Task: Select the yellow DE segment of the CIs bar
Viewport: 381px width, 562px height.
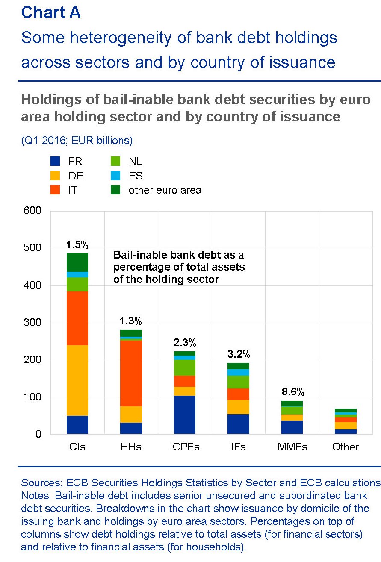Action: (x=77, y=380)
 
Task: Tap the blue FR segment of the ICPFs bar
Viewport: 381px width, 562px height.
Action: (x=184, y=415)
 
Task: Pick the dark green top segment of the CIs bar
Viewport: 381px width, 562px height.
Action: (x=77, y=262)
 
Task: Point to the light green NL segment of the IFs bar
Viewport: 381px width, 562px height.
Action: (x=238, y=382)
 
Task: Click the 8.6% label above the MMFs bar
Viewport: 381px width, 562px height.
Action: (x=292, y=392)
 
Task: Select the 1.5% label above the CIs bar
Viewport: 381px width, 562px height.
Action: (x=77, y=245)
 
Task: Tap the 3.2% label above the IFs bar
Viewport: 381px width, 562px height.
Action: (x=238, y=354)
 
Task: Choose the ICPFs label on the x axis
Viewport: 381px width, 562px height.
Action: (x=184, y=447)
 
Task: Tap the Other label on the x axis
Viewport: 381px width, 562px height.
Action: (x=346, y=447)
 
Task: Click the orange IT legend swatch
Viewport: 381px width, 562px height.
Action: (x=55, y=190)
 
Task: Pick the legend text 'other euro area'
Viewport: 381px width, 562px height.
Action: (x=165, y=190)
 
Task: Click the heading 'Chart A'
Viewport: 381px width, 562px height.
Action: (x=51, y=13)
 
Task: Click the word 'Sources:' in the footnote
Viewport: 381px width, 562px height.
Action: (x=42, y=483)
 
